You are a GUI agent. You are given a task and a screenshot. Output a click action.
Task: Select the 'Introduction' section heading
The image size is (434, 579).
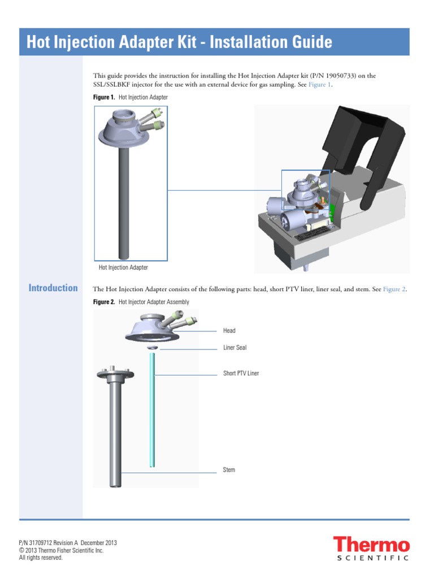tap(53, 288)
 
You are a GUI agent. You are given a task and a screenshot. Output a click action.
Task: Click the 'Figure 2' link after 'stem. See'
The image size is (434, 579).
tap(394, 289)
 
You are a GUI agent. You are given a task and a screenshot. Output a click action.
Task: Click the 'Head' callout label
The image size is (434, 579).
tap(229, 330)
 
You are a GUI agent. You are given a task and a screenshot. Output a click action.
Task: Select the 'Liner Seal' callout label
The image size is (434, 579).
tap(235, 347)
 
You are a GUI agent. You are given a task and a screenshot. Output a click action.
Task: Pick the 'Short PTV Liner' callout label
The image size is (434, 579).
tap(241, 373)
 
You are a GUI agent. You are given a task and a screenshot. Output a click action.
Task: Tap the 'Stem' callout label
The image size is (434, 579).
tap(229, 470)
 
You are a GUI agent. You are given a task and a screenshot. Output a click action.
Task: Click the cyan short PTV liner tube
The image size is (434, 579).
tap(152, 413)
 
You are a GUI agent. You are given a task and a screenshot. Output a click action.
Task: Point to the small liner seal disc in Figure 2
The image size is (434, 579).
tap(152, 348)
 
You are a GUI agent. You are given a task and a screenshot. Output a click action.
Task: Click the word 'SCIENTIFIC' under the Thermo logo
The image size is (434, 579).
tap(372, 558)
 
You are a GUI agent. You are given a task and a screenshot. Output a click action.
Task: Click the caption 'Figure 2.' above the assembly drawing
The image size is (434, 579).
tap(104, 302)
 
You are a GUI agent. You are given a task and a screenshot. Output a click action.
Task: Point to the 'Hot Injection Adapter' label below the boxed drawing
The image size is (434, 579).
tap(123, 267)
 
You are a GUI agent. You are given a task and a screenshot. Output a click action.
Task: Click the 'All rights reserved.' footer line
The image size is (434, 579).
tap(41, 558)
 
